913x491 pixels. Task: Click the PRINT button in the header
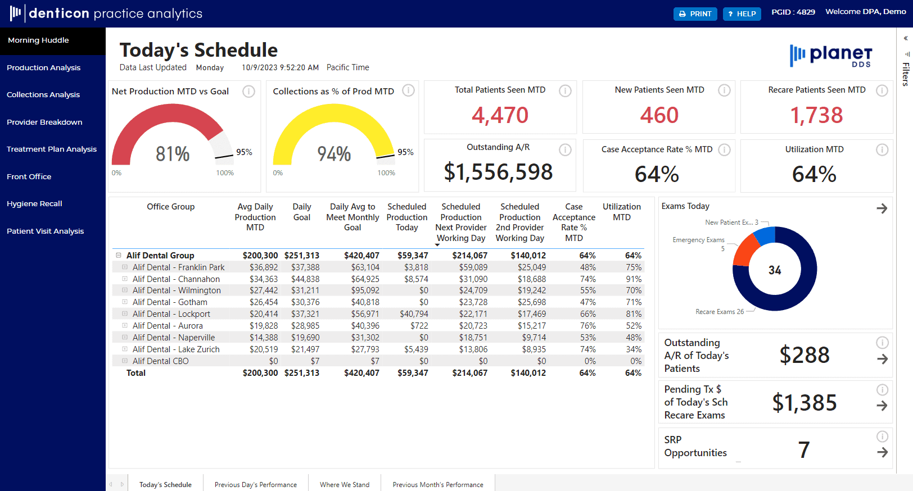(695, 13)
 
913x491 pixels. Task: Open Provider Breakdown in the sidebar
(44, 122)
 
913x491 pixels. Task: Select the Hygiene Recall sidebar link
(34, 203)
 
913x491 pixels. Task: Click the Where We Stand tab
(344, 484)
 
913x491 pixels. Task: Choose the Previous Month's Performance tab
(437, 484)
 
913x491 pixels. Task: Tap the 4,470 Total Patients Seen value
(500, 115)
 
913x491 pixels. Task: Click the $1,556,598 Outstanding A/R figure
(498, 172)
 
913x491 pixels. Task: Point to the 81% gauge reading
(173, 154)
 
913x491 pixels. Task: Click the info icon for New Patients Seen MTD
(724, 90)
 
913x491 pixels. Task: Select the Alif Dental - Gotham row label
(170, 302)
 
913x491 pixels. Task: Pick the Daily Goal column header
(301, 212)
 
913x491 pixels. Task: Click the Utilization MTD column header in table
(621, 212)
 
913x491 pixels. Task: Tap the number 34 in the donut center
(775, 270)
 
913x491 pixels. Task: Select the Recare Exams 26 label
(719, 312)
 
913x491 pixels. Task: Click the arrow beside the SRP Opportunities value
(882, 452)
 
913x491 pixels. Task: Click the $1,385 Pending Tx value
(804, 403)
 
